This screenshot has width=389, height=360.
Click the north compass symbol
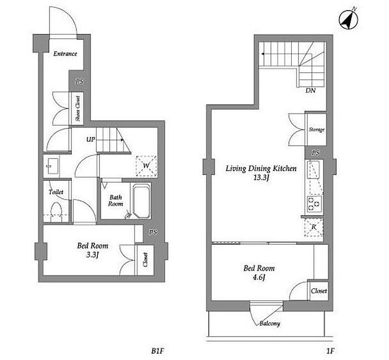[348, 19]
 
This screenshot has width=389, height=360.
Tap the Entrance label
[65, 53]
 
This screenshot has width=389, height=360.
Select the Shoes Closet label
[78, 109]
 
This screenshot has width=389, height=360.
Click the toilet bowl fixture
[56, 212]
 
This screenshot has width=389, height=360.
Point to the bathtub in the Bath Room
[141, 201]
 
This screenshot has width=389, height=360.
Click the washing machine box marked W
[146, 166]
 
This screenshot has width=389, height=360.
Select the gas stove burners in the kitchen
[314, 204]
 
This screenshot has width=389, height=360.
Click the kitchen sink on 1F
[313, 170]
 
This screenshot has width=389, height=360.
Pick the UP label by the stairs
[91, 139]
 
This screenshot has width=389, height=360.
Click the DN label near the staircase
[310, 91]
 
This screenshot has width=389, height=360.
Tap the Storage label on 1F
[317, 130]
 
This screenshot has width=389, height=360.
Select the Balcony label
[270, 323]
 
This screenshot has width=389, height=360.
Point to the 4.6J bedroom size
[259, 277]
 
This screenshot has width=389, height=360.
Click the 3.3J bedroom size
[92, 255]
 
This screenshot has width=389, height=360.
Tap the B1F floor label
[158, 351]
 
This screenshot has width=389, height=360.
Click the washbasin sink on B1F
[52, 166]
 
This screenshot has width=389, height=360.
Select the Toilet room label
[56, 192]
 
